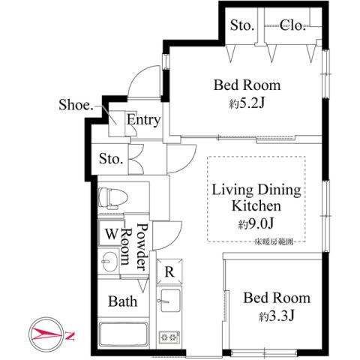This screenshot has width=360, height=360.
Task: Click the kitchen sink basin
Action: click(x=166, y=303)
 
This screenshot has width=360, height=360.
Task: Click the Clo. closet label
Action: click(x=292, y=26)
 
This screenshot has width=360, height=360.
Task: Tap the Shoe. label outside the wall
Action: click(x=76, y=106)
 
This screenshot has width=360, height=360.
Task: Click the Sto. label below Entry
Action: click(x=112, y=158)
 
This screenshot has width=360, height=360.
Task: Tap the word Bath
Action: click(x=121, y=302)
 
